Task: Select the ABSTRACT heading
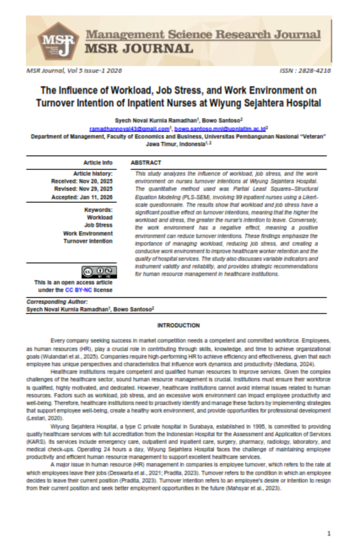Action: [146, 162]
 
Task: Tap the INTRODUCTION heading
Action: [178, 325]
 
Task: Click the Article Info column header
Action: [98, 162]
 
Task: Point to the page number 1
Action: [328, 533]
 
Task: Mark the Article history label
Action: [93, 174]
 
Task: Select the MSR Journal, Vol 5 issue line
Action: [73, 71]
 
